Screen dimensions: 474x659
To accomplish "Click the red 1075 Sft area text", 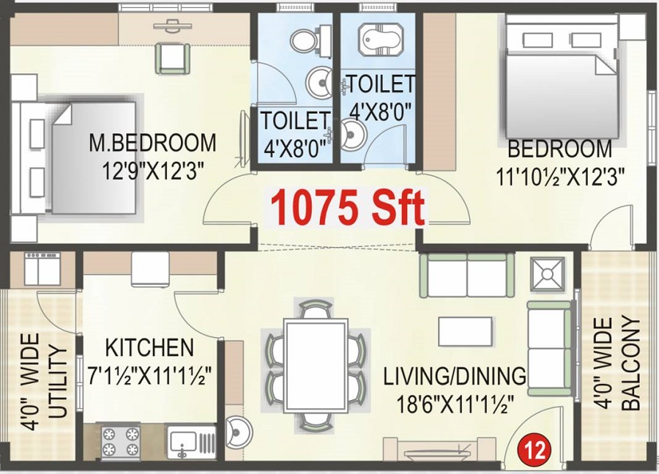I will pyautogui.click(x=348, y=207).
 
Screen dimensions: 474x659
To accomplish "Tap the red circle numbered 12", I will pyautogui.click(x=532, y=446).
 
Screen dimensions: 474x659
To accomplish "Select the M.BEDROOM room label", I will pyautogui.click(x=152, y=141).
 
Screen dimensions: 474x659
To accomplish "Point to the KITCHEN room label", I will pyautogui.click(x=149, y=347).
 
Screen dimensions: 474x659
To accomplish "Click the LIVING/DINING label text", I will pyautogui.click(x=455, y=376).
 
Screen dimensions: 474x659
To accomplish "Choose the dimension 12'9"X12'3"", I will pyautogui.click(x=152, y=169).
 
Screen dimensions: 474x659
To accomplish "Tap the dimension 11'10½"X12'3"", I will pyautogui.click(x=560, y=177).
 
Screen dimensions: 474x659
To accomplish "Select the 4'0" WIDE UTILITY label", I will pyautogui.click(x=45, y=382).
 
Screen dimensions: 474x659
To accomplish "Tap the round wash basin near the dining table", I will pyautogui.click(x=237, y=432).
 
